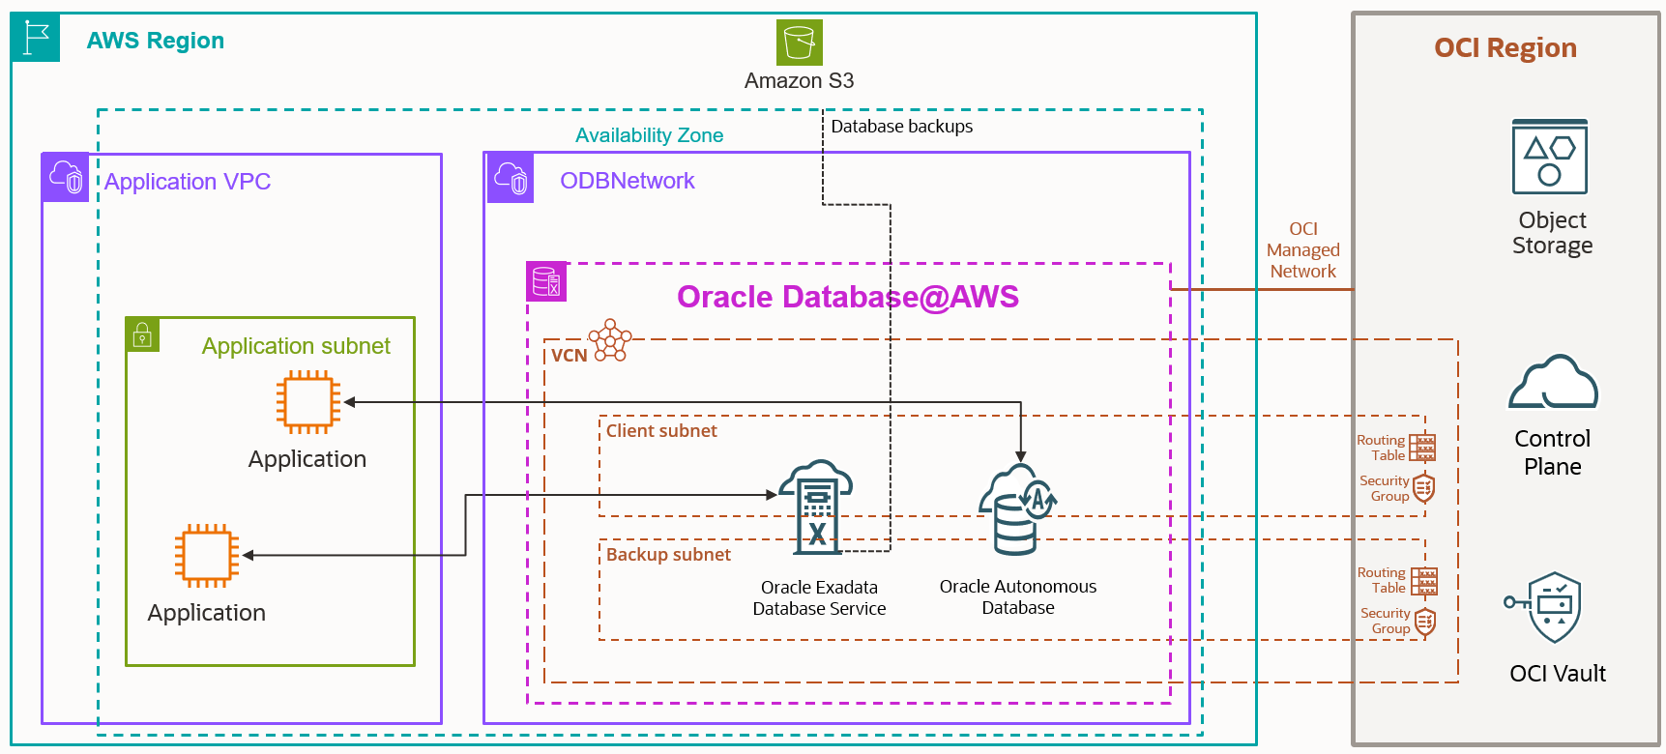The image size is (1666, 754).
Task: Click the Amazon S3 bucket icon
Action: click(799, 43)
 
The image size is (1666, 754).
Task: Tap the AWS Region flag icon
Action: click(36, 39)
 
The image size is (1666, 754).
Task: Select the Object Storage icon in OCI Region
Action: click(1550, 157)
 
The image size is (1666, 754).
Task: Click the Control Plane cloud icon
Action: click(1553, 383)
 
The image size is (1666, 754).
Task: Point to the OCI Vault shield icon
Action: click(1553, 607)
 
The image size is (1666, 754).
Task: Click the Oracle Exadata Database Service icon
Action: click(817, 507)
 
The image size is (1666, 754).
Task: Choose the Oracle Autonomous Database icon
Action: click(1017, 509)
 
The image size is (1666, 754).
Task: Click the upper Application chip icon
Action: click(308, 402)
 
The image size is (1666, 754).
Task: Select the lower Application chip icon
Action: click(207, 556)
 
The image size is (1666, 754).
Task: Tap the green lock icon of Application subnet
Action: click(142, 334)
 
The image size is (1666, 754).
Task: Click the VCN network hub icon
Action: click(611, 340)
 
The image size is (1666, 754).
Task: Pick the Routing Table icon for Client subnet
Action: click(1422, 448)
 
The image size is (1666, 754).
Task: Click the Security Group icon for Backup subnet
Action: click(1424, 622)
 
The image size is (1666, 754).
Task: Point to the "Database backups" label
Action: click(901, 127)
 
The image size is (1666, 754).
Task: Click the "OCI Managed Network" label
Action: click(1302, 250)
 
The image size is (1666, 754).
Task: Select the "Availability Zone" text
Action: click(649, 135)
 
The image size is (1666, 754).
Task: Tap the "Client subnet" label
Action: click(661, 431)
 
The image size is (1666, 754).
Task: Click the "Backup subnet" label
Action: click(668, 555)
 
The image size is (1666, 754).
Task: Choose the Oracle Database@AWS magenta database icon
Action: click(546, 281)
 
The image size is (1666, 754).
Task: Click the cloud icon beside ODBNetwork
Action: click(511, 178)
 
